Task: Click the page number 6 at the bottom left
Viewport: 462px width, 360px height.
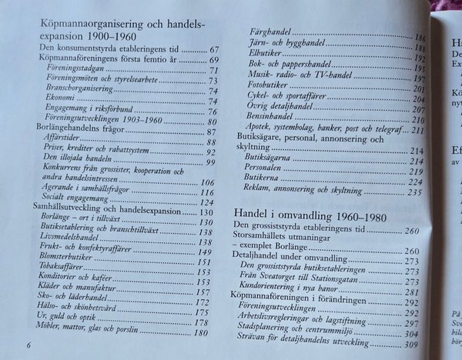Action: [28, 345]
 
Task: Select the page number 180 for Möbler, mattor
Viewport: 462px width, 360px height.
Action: [201, 332]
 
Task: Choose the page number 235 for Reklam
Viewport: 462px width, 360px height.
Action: [415, 192]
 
